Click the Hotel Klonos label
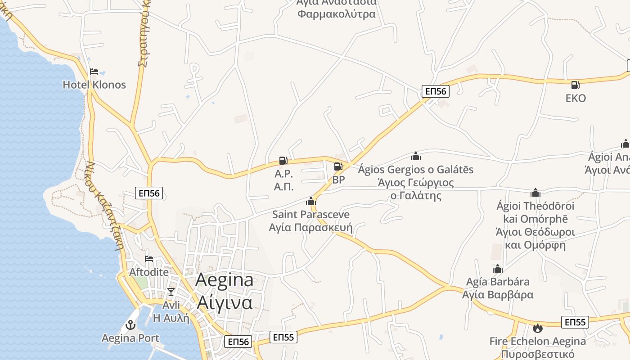tap(94, 85)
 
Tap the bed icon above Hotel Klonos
tap(94, 71)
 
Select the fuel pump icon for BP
tap(338, 167)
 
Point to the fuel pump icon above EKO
tap(575, 85)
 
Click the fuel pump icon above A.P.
tap(283, 160)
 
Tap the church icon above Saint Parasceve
tap(311, 201)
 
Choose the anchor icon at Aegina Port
tap(130, 324)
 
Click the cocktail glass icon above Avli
tap(171, 292)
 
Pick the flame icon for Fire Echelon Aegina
tap(537, 328)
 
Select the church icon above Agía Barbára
tap(498, 269)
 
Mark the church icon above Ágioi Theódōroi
tap(535, 193)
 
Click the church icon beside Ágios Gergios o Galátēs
tap(416, 156)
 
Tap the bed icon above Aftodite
tap(149, 259)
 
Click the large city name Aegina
tap(224, 281)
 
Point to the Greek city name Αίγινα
tap(224, 302)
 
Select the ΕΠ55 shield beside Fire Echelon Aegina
tap(575, 322)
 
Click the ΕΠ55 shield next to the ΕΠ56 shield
tap(283, 337)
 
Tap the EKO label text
tap(576, 98)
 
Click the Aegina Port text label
tap(130, 338)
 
